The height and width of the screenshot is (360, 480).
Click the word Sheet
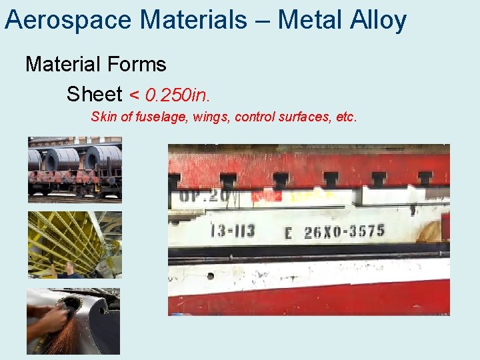pyautogui.click(x=94, y=95)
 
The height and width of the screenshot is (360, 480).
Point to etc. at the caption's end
pyautogui.click(x=346, y=117)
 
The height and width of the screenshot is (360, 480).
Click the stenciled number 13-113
pyautogui.click(x=231, y=231)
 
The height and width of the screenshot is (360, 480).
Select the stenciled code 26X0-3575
pyautogui.click(x=344, y=231)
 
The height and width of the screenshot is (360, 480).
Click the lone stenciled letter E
pyautogui.click(x=288, y=233)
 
